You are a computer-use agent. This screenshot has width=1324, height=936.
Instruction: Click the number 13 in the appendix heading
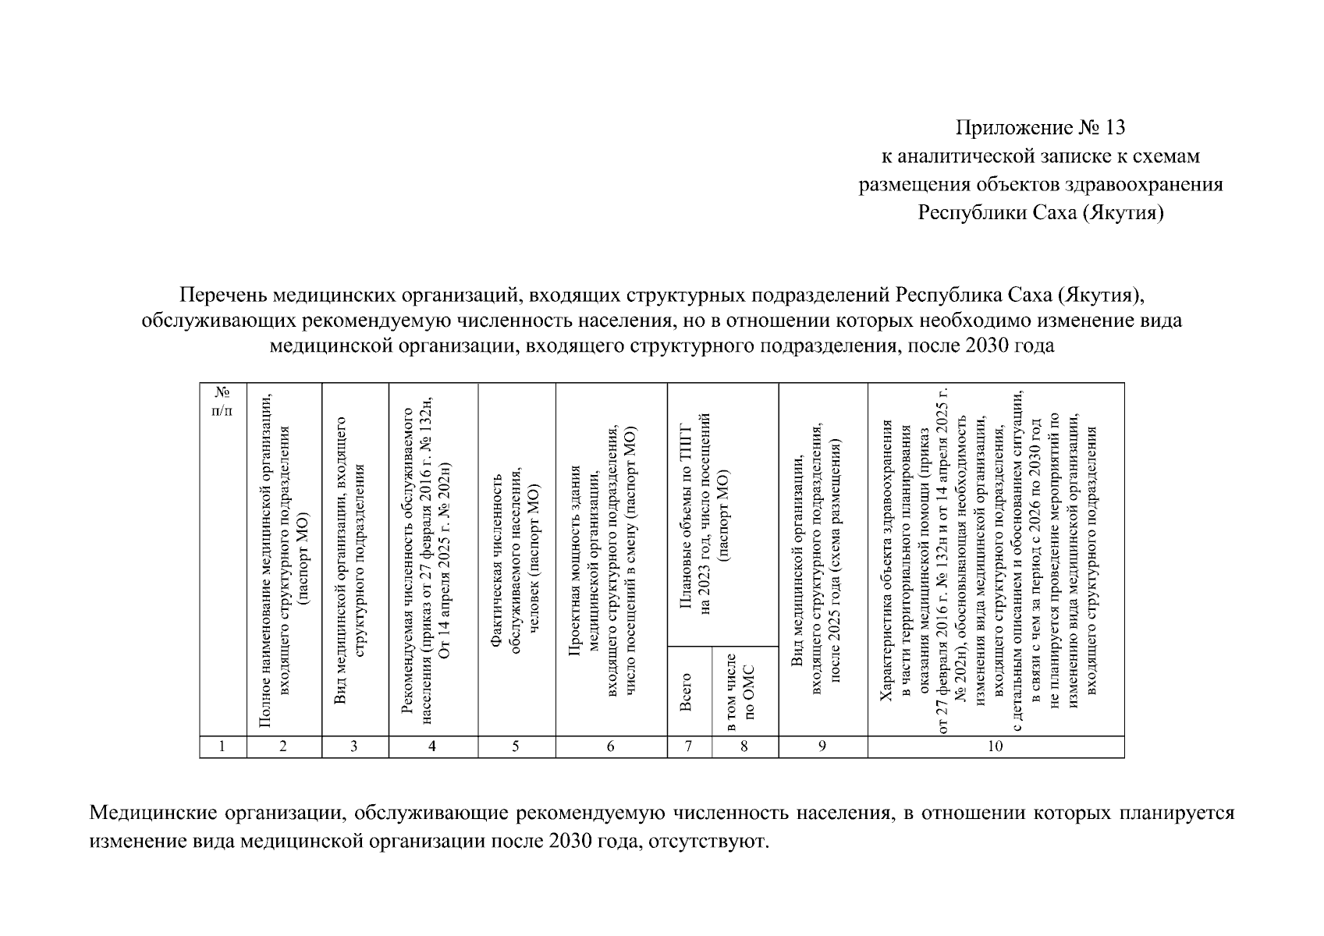[1113, 127]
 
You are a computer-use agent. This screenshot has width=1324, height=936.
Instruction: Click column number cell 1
[222, 746]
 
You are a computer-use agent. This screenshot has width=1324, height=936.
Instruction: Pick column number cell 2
[283, 746]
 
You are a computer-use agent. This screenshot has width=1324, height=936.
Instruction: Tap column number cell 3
[354, 746]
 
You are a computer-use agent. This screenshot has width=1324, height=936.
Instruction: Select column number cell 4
[432, 746]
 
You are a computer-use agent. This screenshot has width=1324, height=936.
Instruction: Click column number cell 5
[516, 746]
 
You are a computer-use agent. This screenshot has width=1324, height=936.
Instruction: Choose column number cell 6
[611, 746]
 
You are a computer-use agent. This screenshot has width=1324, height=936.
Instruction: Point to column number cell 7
[689, 746]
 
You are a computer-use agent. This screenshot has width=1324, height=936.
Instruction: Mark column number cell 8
[744, 746]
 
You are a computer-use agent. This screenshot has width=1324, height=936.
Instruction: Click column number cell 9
[822, 746]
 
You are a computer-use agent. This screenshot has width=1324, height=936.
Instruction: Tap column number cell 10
[995, 746]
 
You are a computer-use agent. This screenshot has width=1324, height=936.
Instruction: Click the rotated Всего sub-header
[687, 692]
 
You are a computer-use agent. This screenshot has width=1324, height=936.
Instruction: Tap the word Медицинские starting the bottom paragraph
[151, 814]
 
